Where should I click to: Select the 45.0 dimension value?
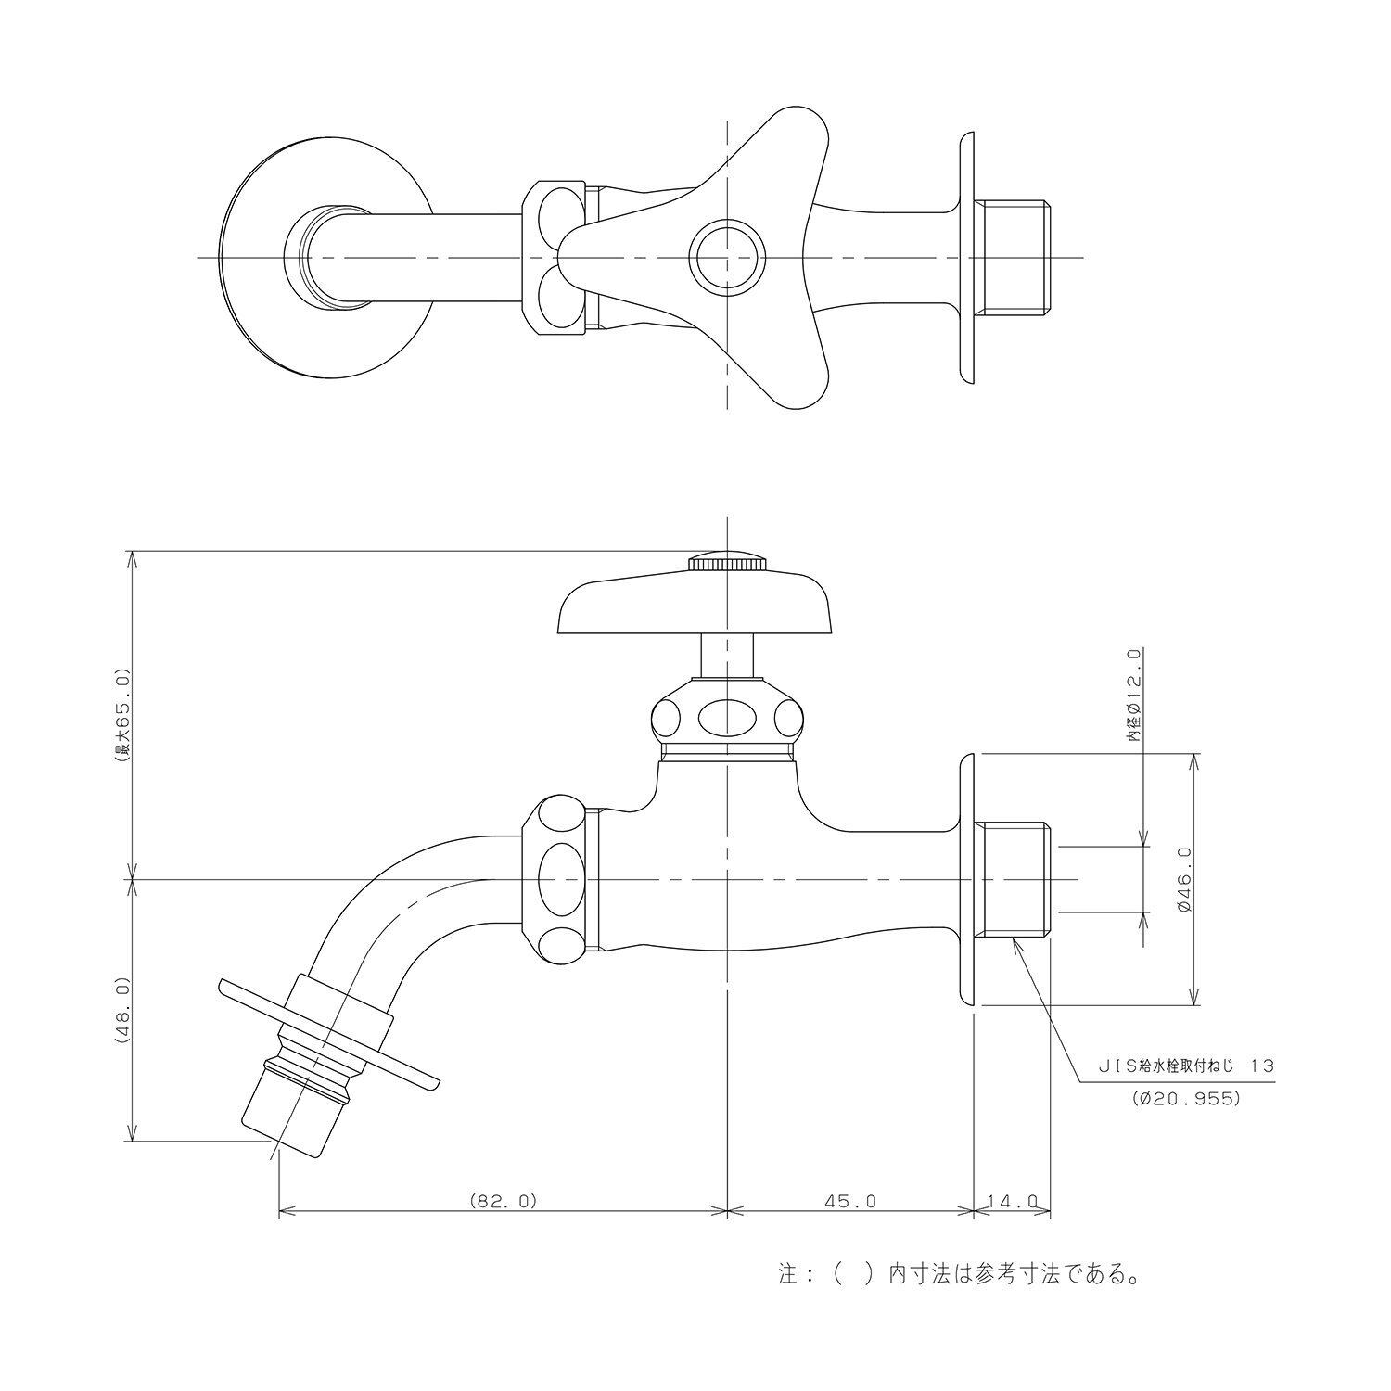(850, 1201)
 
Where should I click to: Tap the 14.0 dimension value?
(1013, 1201)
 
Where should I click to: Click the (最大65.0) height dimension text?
(124, 715)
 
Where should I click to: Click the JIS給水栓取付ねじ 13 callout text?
(1186, 1066)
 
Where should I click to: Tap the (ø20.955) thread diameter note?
(1186, 1099)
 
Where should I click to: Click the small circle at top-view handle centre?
(728, 256)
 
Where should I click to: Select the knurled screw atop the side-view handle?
(728, 562)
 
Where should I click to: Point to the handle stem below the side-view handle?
(728, 656)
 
